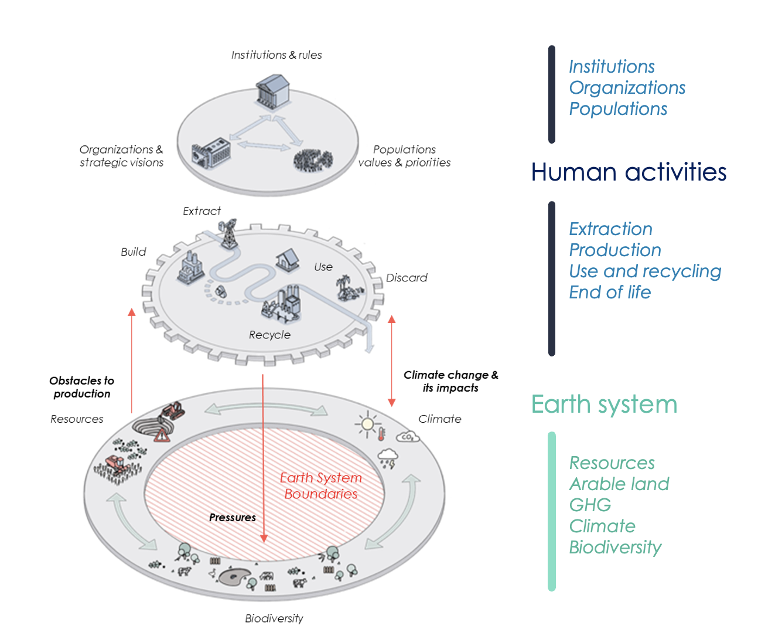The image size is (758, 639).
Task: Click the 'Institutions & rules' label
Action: [276, 55]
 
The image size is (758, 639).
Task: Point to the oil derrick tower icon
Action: [228, 233]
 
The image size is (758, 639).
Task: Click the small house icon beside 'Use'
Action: [288, 260]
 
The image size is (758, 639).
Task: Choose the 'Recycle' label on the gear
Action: [269, 335]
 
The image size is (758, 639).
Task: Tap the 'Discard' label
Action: [407, 278]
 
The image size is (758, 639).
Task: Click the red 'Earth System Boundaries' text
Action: [321, 486]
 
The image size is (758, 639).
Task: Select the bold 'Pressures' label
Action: [233, 518]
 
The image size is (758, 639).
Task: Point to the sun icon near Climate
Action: [367, 423]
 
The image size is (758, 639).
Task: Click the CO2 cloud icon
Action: [408, 437]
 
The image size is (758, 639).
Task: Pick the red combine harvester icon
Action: [117, 464]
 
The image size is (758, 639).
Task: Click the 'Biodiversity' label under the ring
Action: [274, 618]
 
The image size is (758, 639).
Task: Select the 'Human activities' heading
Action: [629, 172]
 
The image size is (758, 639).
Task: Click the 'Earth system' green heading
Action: [604, 405]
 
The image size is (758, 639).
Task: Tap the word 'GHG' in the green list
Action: [590, 505]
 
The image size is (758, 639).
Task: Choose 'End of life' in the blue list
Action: [610, 292]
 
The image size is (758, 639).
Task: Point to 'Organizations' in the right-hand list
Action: [627, 87]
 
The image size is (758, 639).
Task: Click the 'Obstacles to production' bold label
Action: [82, 387]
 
